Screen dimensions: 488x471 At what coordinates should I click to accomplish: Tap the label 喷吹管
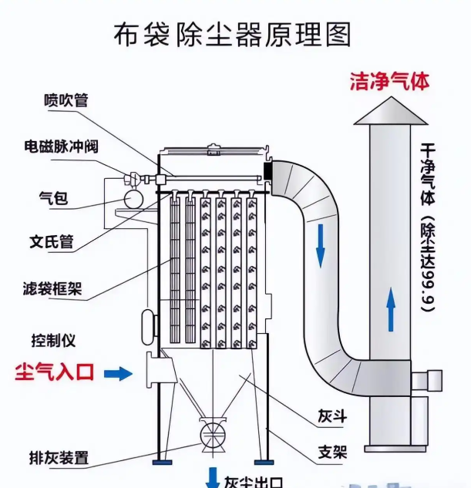(x=66, y=99)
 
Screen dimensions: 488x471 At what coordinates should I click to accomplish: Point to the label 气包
(x=53, y=199)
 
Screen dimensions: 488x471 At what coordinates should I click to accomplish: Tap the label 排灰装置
(x=59, y=458)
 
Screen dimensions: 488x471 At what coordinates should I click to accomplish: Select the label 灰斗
(x=332, y=417)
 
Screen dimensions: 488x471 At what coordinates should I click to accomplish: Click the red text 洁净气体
(x=389, y=80)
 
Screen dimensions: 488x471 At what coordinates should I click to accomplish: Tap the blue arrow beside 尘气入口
(x=118, y=374)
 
